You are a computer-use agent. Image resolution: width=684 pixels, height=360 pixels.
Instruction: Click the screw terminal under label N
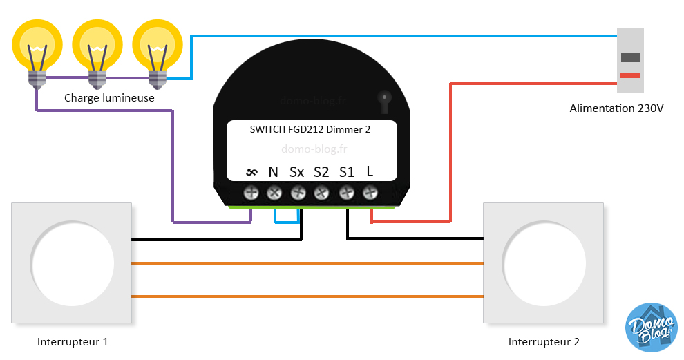click(274, 193)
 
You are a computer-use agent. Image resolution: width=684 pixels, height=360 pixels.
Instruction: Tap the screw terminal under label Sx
click(298, 193)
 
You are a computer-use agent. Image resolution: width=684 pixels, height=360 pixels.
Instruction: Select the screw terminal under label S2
click(321, 193)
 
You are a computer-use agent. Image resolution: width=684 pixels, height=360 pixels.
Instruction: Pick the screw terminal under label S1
click(345, 193)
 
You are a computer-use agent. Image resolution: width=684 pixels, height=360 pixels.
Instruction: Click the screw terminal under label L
click(370, 193)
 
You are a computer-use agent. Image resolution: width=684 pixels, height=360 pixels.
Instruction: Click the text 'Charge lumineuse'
click(109, 98)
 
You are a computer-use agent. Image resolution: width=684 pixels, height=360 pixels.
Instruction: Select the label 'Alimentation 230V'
click(616, 108)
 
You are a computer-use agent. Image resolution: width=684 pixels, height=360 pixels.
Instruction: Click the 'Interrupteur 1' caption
click(73, 342)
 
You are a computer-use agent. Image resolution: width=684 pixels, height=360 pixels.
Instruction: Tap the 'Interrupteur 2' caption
click(544, 342)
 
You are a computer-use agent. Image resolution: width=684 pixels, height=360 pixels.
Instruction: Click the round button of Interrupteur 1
click(72, 263)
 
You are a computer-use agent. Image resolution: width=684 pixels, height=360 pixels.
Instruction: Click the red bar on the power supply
click(629, 75)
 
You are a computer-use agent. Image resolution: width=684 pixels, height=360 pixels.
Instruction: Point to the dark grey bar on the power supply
click(629, 58)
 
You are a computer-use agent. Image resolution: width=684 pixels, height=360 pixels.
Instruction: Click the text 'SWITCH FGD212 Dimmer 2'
click(310, 129)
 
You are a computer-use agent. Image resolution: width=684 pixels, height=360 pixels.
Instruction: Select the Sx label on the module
click(296, 172)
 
